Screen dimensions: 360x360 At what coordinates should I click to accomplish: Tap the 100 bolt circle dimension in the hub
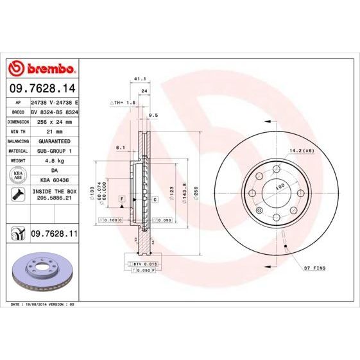pyautogui.click(x=280, y=187)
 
